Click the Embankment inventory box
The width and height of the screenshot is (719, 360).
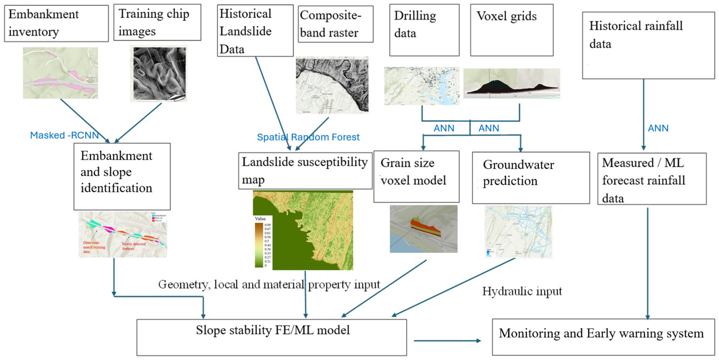pos(56,23)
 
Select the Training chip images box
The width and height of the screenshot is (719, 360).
pos(157,22)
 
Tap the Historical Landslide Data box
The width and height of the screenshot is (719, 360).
pos(255,31)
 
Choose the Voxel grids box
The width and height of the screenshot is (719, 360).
pos(511,30)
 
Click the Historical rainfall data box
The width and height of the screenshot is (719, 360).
pos(648,45)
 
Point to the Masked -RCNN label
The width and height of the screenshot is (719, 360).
pos(64,135)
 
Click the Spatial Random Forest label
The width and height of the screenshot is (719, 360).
pos(308,137)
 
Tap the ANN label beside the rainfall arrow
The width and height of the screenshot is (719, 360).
pos(658,128)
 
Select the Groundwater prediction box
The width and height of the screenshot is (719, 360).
pos(531,177)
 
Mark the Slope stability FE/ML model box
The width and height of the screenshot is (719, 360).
pos(271,337)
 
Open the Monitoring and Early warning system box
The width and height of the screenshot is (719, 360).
pos(603,337)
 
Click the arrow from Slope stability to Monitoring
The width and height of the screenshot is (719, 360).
pos(446,340)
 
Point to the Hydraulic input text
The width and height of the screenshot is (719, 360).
pos(522,291)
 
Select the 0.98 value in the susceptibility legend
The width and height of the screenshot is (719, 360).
pos(267,225)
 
